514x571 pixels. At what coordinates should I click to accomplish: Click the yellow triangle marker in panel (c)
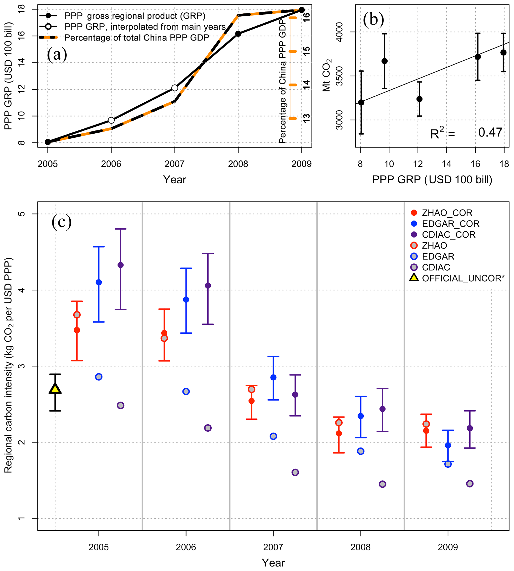(x=55, y=389)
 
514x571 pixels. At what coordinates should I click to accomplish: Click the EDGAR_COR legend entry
(x=450, y=224)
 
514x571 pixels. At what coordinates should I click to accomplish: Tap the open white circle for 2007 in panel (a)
(x=175, y=88)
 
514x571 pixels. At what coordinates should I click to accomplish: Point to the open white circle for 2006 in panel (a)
(x=111, y=120)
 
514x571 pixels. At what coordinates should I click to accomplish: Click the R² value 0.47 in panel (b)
(x=490, y=132)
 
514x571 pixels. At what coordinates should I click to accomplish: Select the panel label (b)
(x=373, y=20)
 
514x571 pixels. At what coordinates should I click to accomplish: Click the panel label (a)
(x=57, y=54)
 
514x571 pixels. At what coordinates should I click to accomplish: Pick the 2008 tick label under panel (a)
(x=238, y=164)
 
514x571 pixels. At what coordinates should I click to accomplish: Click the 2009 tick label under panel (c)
(x=448, y=547)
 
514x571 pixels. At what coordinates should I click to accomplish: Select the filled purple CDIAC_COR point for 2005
(x=121, y=265)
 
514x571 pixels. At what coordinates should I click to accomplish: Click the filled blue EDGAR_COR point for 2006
(x=186, y=299)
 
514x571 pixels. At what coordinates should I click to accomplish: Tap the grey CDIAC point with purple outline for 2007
(x=295, y=472)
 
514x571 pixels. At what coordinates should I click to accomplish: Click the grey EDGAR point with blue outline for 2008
(x=360, y=451)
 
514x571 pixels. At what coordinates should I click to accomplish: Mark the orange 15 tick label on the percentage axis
(x=306, y=51)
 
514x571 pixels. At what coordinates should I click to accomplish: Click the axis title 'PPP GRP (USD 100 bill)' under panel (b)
(x=432, y=179)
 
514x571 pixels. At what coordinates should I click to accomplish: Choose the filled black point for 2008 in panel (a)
(x=238, y=34)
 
